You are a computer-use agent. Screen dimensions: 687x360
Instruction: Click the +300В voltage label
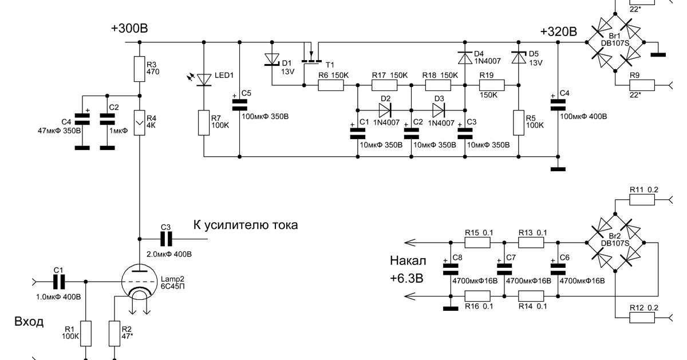point(129,28)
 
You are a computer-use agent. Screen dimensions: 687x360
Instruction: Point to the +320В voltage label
point(559,31)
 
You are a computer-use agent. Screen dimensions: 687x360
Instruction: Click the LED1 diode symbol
point(204,80)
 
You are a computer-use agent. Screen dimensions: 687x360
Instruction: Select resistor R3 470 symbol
point(140,69)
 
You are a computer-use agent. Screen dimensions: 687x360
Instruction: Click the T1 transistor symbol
point(311,57)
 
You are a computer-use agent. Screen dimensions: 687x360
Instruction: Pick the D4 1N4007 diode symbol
point(465,58)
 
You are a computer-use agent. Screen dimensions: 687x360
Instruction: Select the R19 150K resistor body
point(492,85)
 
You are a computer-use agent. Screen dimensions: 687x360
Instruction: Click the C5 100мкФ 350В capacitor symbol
point(239,105)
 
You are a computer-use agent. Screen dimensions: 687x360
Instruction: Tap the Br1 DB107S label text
point(615,40)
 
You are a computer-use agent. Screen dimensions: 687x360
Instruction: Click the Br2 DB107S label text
point(615,240)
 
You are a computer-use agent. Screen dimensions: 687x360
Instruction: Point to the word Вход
point(29,322)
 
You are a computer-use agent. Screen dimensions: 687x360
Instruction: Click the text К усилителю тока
point(246,225)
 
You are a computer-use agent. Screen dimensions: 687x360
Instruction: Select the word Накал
point(408,260)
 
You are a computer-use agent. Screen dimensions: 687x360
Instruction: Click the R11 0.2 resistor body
point(642,200)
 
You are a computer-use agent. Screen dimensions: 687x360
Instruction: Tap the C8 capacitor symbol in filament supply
point(451,269)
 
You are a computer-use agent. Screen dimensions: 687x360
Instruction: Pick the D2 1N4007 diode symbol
point(385,110)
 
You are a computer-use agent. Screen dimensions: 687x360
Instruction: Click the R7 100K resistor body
point(204,122)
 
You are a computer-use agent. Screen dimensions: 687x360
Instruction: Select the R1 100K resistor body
point(85,334)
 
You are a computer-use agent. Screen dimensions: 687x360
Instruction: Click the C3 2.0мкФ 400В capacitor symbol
point(166,239)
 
